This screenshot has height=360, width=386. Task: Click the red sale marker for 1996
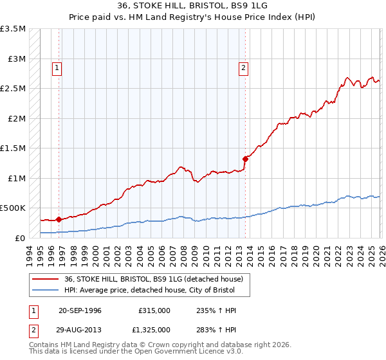(x=59, y=219)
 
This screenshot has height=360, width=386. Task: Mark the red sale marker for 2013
(x=245, y=159)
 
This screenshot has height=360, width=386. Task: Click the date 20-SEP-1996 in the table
(x=80, y=310)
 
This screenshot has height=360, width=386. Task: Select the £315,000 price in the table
(x=154, y=310)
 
